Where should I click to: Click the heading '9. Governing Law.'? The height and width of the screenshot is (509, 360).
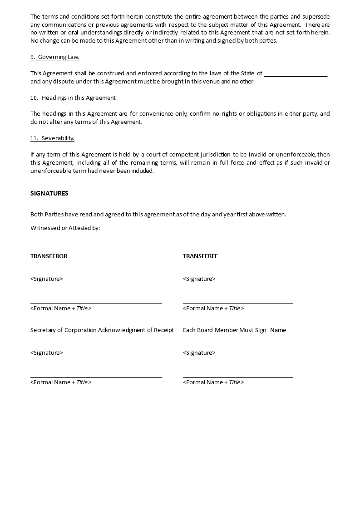55,57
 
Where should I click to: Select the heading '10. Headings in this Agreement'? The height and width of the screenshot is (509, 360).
73,98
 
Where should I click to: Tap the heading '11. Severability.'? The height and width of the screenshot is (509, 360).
52,138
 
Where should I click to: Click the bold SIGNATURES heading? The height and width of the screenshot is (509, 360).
49,193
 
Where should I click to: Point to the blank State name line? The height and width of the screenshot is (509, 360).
296,74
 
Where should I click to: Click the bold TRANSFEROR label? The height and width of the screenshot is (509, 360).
49,256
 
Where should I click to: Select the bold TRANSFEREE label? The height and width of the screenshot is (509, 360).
200,256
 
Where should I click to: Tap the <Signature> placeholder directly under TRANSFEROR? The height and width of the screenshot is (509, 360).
47,279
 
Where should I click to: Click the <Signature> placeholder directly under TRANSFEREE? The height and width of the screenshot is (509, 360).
199,279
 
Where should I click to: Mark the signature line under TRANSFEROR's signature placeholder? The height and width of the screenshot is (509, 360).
96,303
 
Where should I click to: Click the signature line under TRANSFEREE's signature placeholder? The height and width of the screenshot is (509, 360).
238,303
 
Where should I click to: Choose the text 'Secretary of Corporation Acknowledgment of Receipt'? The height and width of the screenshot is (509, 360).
102,330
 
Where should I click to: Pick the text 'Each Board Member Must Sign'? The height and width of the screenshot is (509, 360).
225,330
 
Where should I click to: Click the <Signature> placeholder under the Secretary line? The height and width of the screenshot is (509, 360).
47,352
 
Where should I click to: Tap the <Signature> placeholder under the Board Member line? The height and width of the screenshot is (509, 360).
199,352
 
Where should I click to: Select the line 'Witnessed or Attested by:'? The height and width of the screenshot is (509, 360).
65,228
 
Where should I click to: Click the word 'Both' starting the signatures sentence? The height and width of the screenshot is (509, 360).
37,214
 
